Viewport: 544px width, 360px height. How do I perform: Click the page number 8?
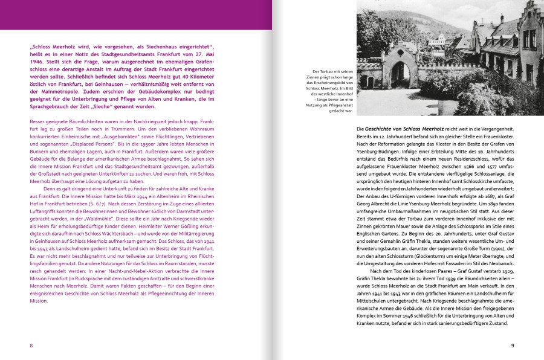31,346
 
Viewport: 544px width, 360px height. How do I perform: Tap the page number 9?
512,346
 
